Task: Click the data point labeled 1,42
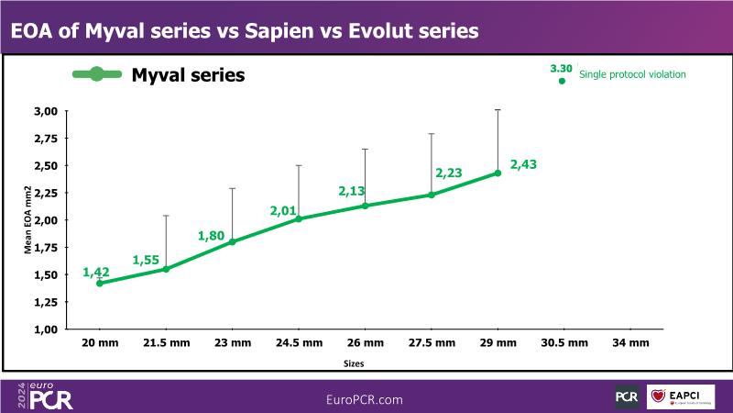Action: point(99,284)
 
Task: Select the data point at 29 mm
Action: point(498,173)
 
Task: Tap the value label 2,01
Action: point(285,211)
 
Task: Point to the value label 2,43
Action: point(523,164)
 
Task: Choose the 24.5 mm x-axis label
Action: point(299,342)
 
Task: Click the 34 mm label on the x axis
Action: point(630,342)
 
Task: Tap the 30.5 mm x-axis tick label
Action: point(563,342)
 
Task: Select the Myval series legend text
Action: point(188,74)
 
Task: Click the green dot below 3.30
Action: point(562,82)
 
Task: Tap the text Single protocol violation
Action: point(633,73)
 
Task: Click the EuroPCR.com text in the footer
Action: point(365,400)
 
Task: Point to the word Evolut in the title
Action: point(376,31)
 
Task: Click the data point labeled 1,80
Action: point(232,242)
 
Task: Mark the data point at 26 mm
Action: point(365,206)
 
